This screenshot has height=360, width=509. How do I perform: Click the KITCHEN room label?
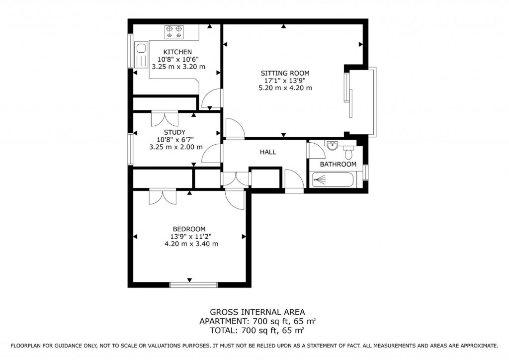pyautogui.click(x=177, y=52)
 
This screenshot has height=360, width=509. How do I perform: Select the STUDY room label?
pyautogui.click(x=175, y=132)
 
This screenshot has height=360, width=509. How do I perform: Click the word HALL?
pyautogui.click(x=267, y=152)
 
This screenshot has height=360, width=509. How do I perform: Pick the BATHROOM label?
pyautogui.click(x=338, y=164)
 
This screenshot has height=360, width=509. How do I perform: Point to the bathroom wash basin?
pyautogui.click(x=332, y=145)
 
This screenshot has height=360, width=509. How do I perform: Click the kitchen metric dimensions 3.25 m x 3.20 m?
pyautogui.click(x=178, y=66)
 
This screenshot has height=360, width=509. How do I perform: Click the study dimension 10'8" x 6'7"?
pyautogui.click(x=175, y=139)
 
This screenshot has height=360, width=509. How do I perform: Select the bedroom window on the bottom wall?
pyautogui.click(x=193, y=284)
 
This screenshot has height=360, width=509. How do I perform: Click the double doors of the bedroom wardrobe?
pyautogui.click(x=162, y=196)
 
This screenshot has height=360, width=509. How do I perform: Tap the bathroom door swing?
pyautogui.click(x=315, y=150)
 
